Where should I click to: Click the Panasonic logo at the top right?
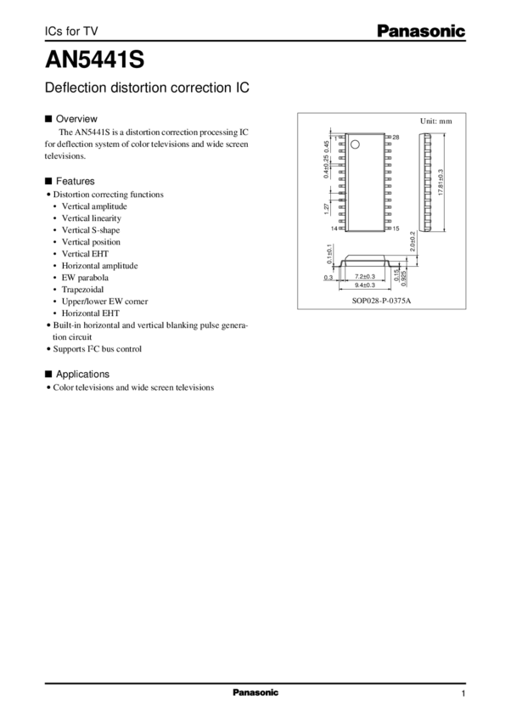pos(421,31)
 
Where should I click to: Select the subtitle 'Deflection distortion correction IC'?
pos(149,87)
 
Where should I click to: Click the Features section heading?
pos(75,181)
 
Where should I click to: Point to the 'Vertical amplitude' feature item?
pos(94,206)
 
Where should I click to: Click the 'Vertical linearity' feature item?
pos(92,217)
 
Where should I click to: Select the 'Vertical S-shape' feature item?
pos(92,229)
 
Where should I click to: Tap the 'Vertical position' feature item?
pos(91,241)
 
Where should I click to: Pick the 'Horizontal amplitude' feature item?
pos(99,265)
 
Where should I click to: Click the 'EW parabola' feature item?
pos(85,277)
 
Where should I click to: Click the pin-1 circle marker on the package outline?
pos(357,142)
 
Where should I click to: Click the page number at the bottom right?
pos(463,693)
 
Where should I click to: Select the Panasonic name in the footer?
pos(255,692)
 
